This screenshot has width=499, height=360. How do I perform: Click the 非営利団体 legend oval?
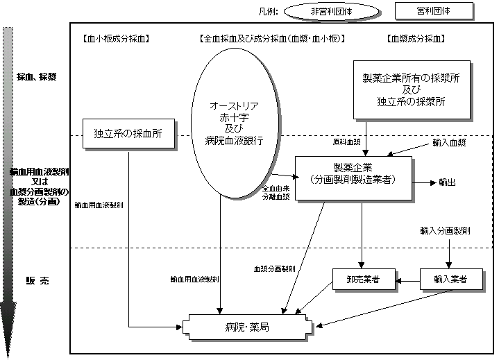click(x=330, y=12)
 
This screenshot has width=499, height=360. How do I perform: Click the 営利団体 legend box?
click(x=434, y=11)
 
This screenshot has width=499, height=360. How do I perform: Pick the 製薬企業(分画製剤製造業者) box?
click(x=354, y=173)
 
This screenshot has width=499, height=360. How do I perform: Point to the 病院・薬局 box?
click(x=248, y=326)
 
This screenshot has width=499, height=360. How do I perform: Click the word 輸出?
click(x=447, y=182)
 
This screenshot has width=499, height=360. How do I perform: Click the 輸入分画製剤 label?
click(x=446, y=230)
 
